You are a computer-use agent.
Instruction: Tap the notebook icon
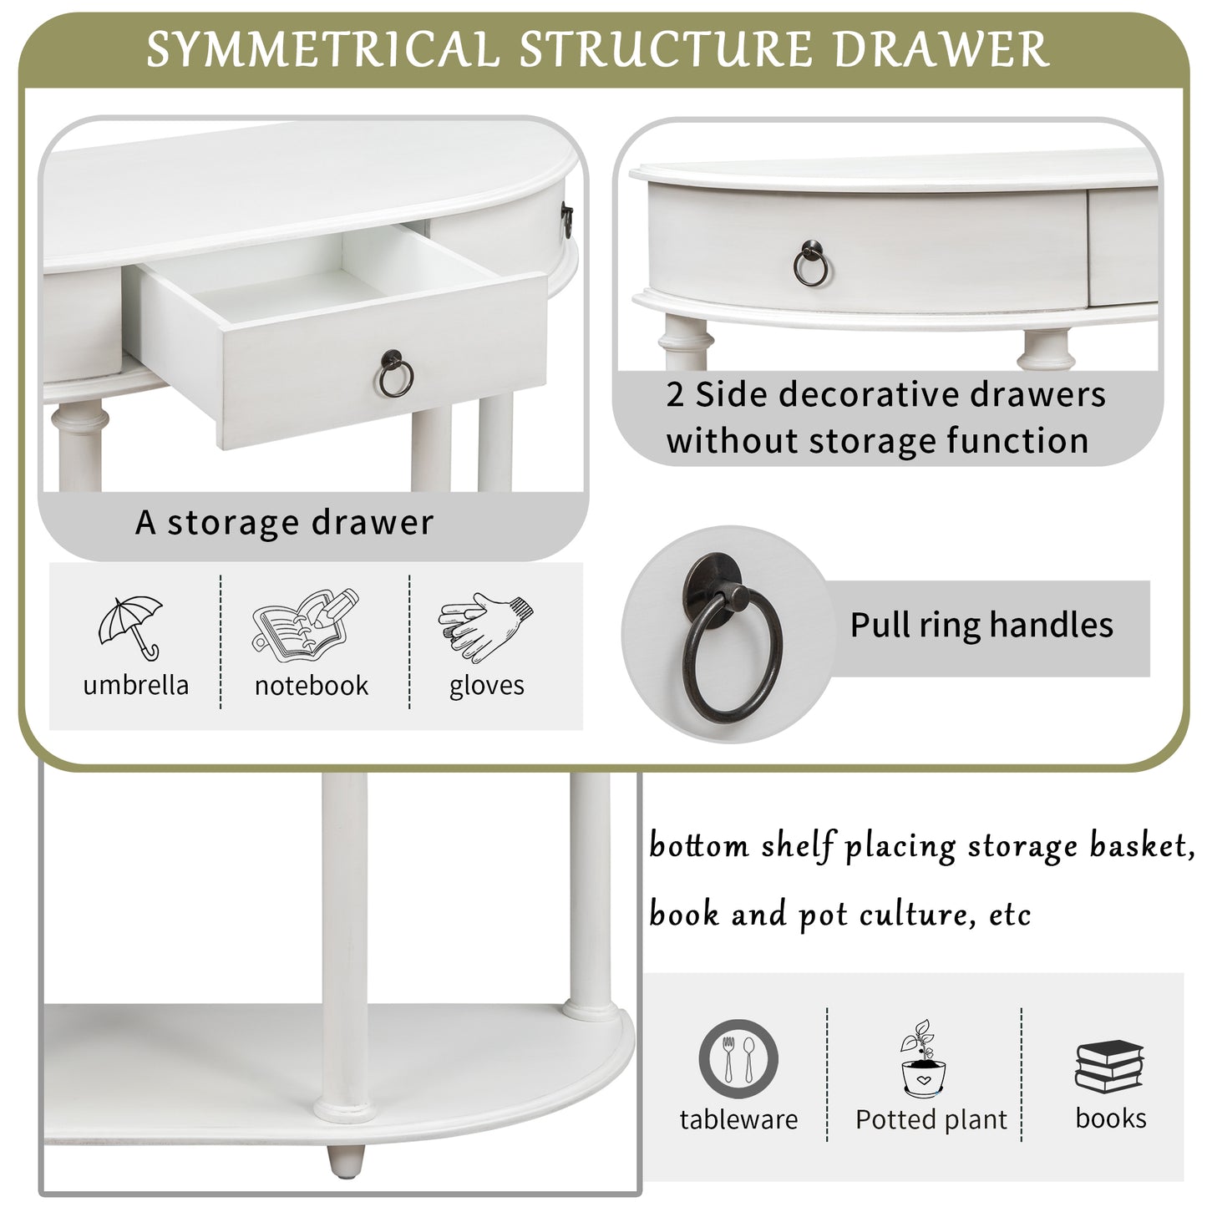pos(305,625)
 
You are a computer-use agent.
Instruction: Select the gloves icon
pos(485,626)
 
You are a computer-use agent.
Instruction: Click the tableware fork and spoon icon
pos(738,1058)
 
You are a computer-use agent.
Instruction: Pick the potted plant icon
pos(923,1057)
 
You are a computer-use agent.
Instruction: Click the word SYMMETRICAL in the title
pos(322,48)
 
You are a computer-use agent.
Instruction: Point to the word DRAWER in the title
pos(941,48)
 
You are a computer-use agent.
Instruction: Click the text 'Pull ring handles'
pos(981,625)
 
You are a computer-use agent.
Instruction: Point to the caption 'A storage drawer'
pos(284,522)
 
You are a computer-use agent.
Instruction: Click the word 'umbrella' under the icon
pos(136,685)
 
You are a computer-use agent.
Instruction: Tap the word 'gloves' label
pos(487,686)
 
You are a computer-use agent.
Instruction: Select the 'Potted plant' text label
pos(931,1119)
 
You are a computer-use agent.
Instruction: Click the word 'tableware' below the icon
pos(739,1119)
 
